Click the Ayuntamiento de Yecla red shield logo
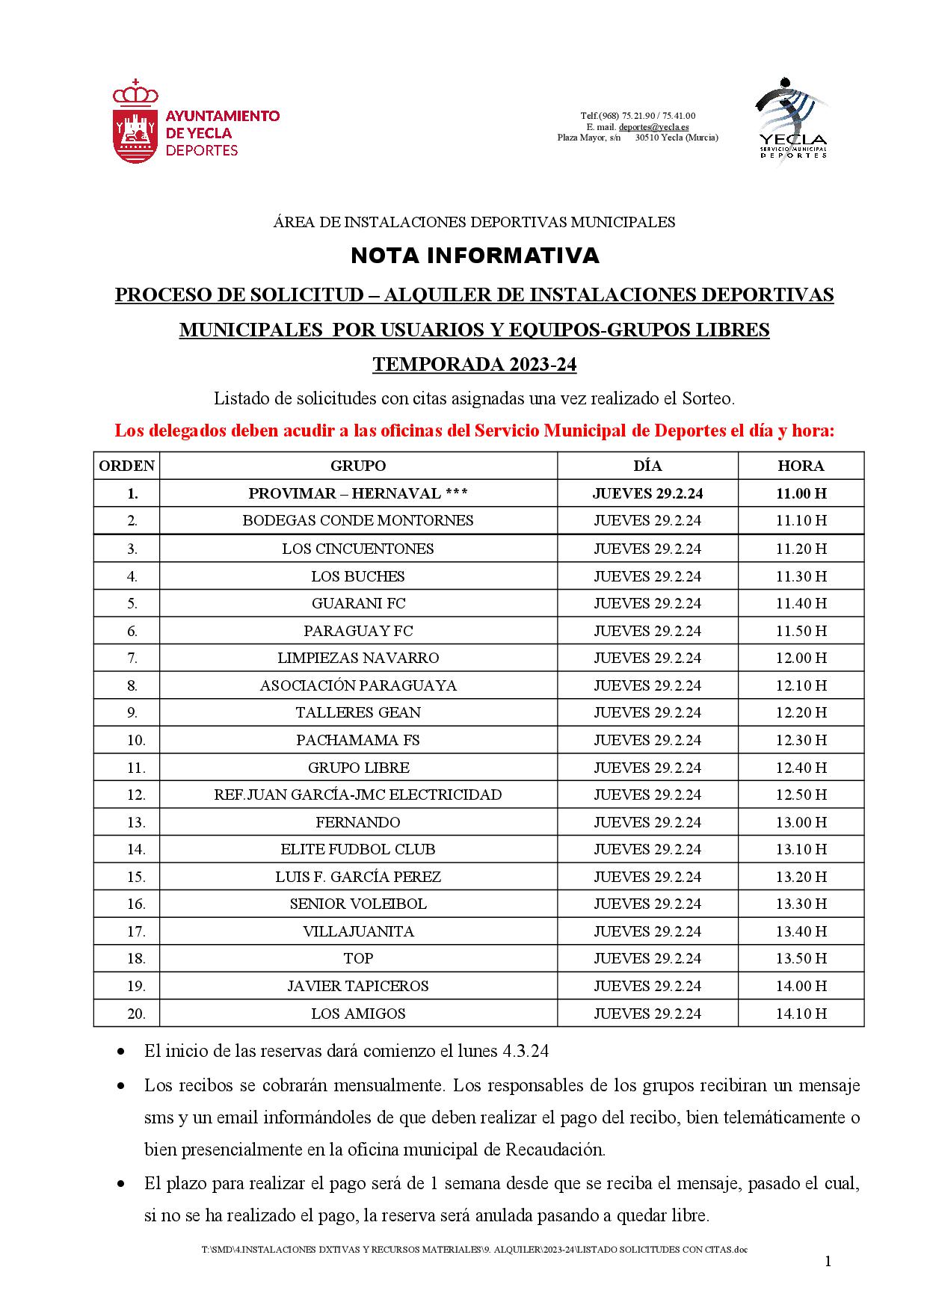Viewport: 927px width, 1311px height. (x=135, y=123)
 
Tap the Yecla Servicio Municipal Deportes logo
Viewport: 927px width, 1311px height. (x=792, y=120)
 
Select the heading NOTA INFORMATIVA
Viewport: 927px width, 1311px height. (x=475, y=256)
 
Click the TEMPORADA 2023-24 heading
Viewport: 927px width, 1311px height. (x=475, y=365)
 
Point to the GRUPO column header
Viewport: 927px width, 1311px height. (x=358, y=466)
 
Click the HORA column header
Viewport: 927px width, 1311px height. (x=801, y=466)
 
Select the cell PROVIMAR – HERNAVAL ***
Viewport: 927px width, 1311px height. (x=358, y=493)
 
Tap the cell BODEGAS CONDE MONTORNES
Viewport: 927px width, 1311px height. (x=358, y=520)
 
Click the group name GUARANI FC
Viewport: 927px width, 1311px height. (x=358, y=603)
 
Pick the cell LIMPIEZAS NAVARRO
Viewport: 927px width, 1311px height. (x=358, y=658)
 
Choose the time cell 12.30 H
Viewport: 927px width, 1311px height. (x=801, y=740)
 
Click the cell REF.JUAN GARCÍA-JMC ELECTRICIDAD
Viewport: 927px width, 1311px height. (x=358, y=795)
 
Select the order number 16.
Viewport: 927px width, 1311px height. (x=135, y=904)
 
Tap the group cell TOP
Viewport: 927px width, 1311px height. (x=358, y=958)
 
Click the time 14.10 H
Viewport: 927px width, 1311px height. (x=801, y=1014)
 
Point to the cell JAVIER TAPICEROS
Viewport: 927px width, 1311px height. (x=358, y=986)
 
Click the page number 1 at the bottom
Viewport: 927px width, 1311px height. (x=828, y=1262)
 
